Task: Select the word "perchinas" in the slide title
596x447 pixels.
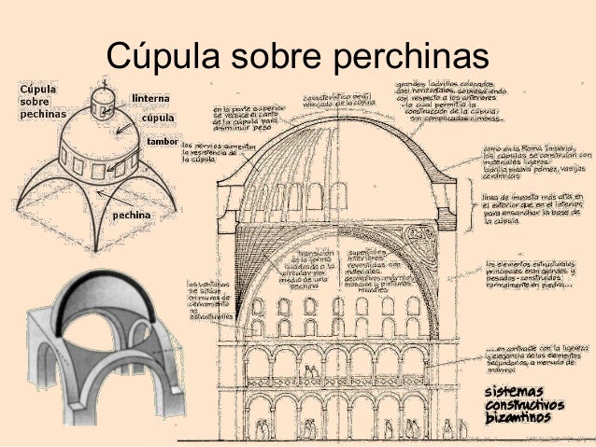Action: coord(405,58)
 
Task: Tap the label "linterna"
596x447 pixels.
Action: coord(150,98)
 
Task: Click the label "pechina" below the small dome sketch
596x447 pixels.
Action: coord(132,215)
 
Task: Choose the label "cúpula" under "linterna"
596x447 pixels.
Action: coord(158,119)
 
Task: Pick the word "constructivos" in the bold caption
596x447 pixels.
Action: coord(524,404)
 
